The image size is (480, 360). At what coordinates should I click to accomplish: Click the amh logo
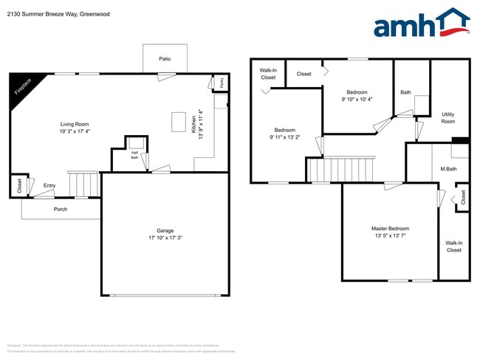click(421, 24)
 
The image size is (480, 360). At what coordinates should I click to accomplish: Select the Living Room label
click(75, 124)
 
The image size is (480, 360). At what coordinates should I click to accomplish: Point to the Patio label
click(165, 58)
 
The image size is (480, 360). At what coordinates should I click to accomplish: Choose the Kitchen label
click(193, 122)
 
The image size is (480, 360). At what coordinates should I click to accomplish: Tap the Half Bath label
click(135, 154)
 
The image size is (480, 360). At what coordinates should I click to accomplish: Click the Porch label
click(61, 209)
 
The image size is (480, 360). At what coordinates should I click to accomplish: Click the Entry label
click(49, 185)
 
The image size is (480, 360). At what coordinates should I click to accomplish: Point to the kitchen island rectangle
click(179, 121)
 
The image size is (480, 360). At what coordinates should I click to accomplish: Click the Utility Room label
click(448, 117)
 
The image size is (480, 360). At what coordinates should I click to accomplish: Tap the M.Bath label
click(448, 169)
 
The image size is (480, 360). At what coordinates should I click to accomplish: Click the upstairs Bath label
click(405, 92)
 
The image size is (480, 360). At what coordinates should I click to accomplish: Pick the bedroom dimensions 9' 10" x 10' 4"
click(357, 99)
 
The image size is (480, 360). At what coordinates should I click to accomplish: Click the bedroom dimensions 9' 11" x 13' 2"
click(284, 136)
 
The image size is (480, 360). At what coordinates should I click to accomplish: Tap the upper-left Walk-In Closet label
click(268, 74)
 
